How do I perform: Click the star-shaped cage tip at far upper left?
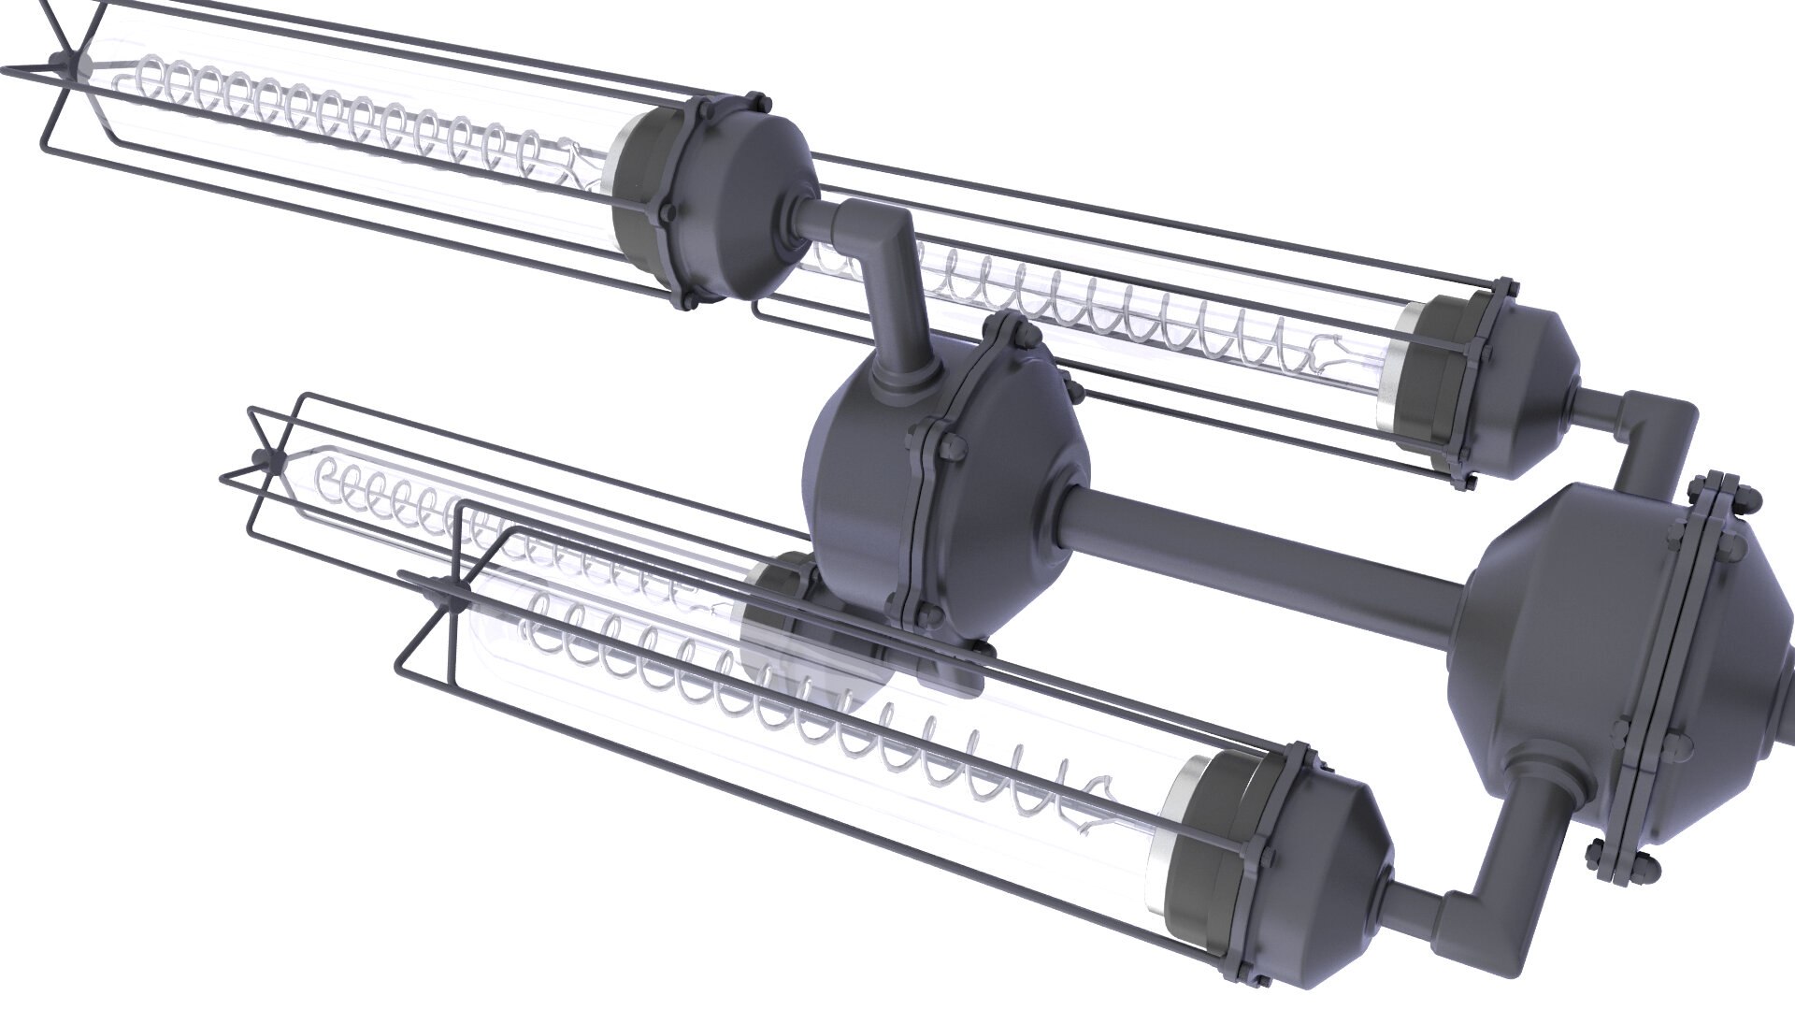[59, 64]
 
